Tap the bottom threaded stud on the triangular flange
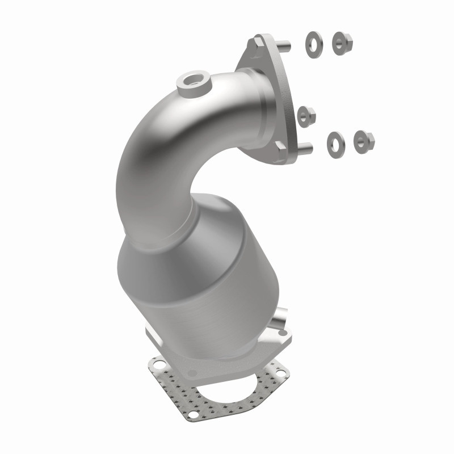[304, 149]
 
